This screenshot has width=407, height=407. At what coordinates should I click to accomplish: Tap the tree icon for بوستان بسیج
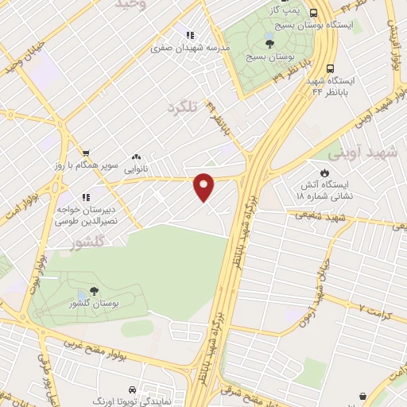coord(270,44)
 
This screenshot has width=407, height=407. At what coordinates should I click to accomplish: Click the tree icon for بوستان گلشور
coord(95,292)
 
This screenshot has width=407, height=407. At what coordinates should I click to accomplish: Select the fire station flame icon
coord(324,172)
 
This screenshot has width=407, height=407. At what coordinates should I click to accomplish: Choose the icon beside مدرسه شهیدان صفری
coord(189,35)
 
